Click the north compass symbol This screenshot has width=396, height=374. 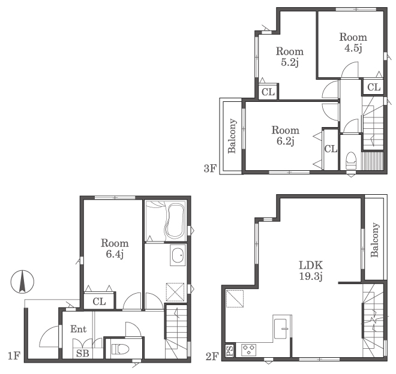22,282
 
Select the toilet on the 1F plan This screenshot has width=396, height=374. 120,349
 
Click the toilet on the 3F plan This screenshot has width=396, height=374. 351,161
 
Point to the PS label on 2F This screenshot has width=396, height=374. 230,351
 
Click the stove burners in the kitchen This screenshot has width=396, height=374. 249,350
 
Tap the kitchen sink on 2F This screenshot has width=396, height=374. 281,328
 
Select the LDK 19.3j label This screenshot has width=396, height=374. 311,271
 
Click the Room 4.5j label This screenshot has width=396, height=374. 353,43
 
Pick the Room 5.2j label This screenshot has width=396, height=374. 290,56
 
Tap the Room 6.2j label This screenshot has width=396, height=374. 286,135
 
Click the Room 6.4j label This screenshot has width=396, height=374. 115,248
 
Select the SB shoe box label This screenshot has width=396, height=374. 83,353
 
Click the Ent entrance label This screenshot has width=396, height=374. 78,329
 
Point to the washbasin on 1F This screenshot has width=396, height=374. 178,255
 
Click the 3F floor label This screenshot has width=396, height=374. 210,168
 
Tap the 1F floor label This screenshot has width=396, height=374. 14,356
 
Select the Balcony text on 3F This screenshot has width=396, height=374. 232,136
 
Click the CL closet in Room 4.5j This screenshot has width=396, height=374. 374,88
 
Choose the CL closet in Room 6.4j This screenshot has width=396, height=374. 99,301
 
